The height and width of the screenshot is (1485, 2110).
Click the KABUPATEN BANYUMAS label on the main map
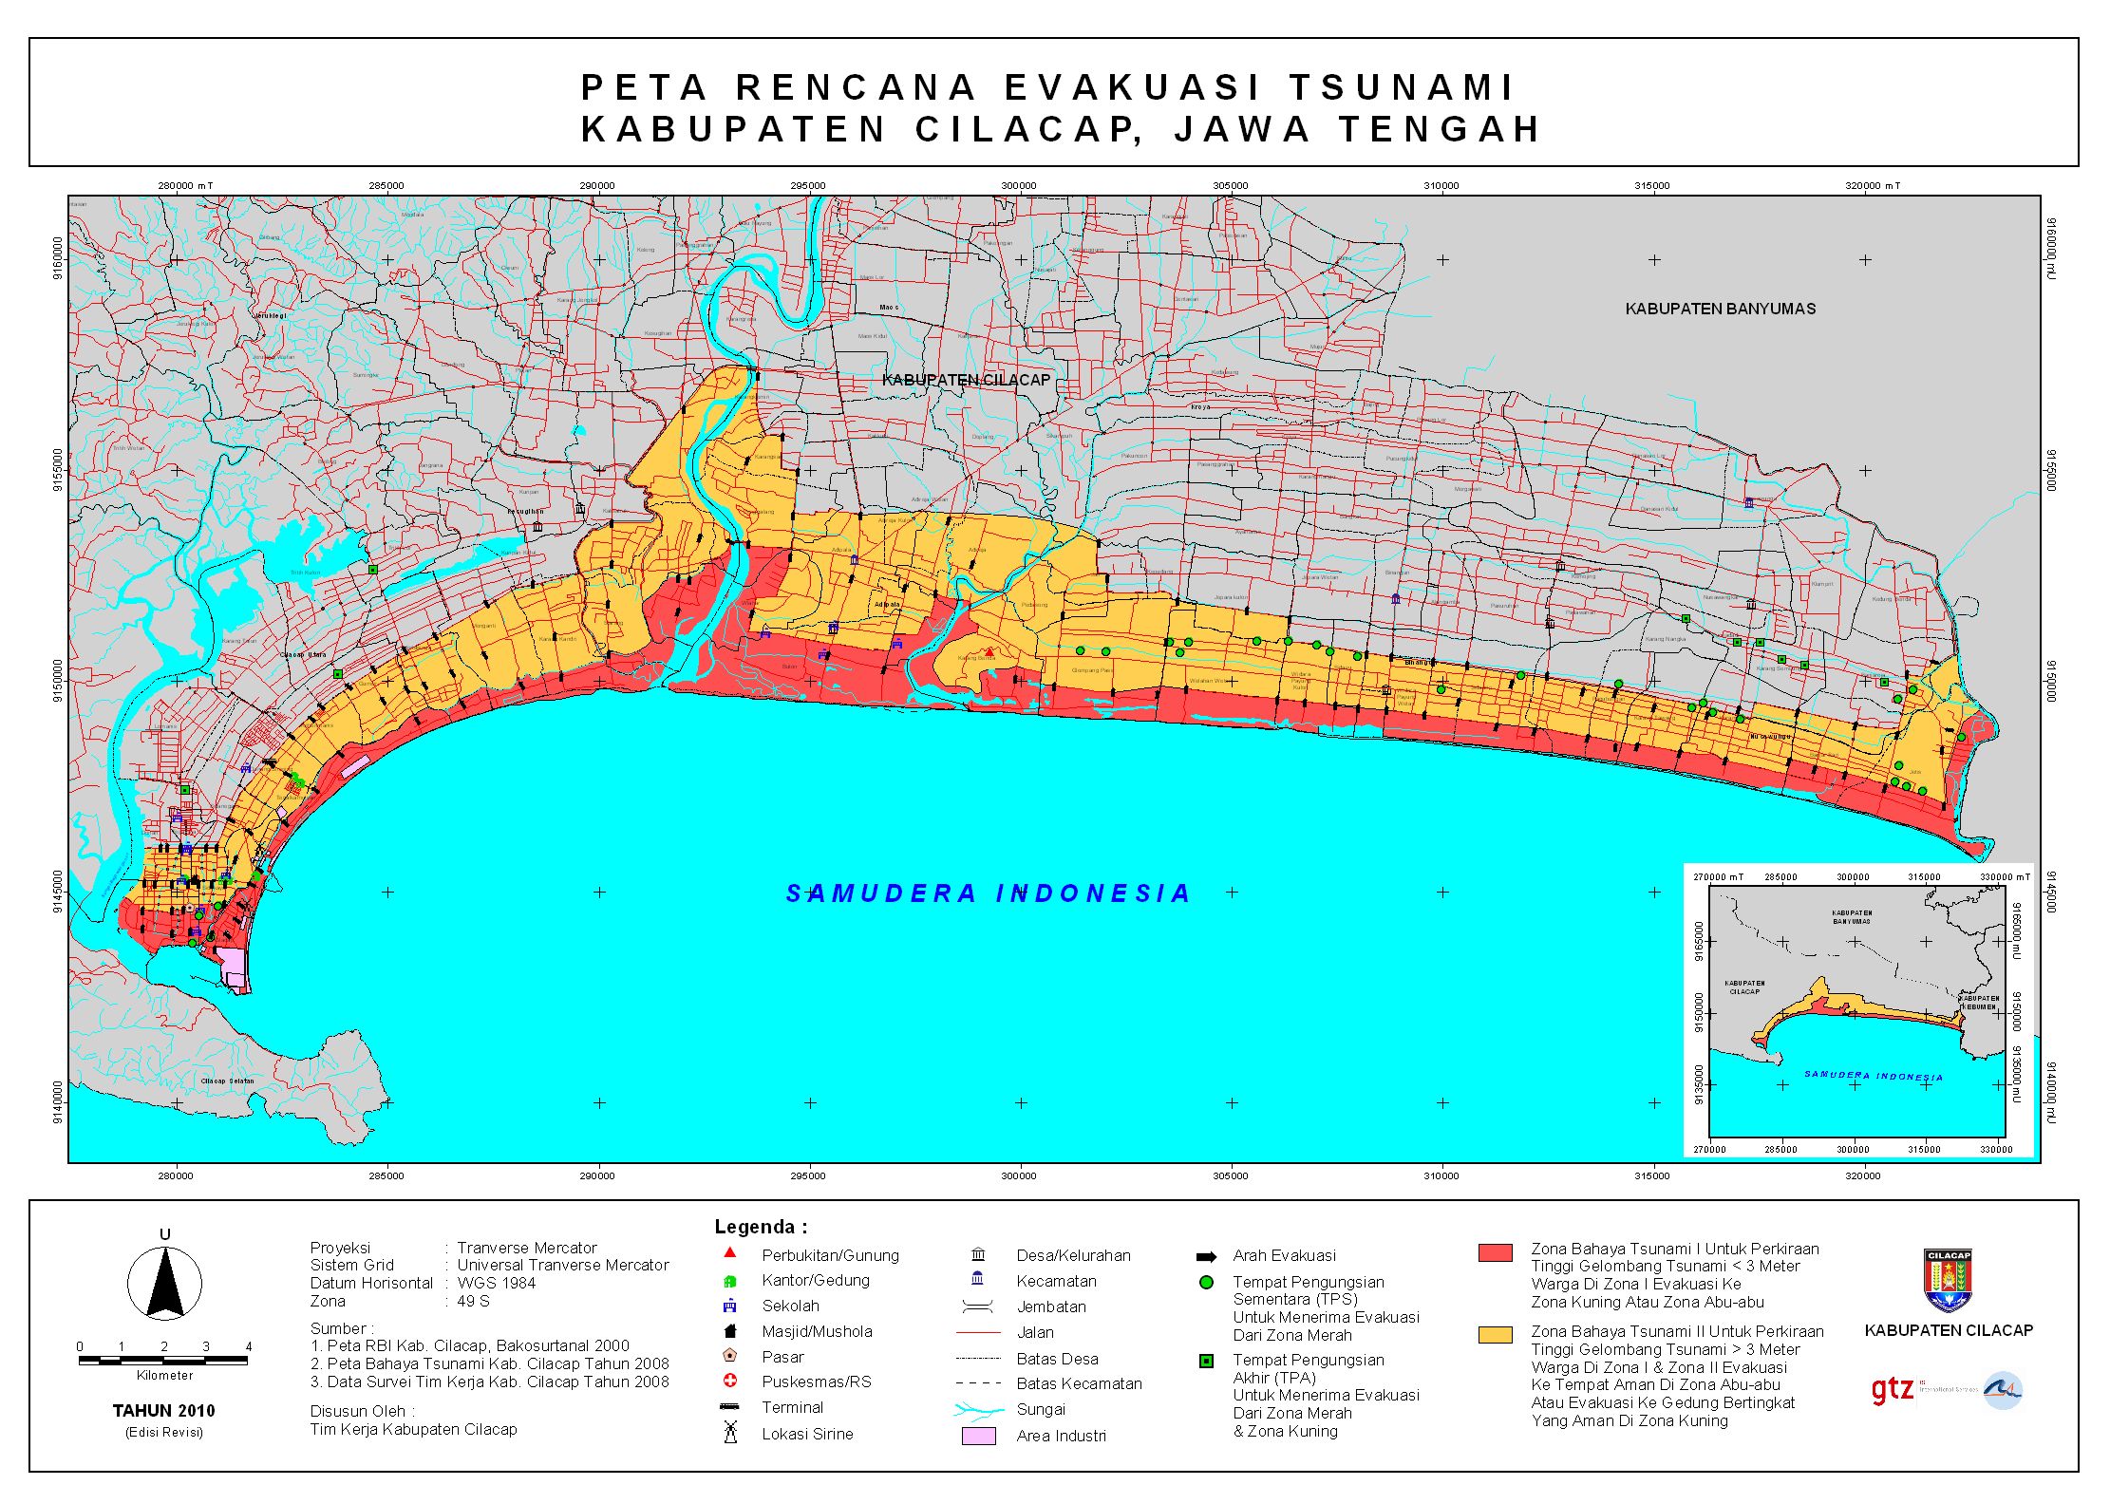click(1720, 309)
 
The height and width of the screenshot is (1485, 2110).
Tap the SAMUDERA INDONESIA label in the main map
click(988, 893)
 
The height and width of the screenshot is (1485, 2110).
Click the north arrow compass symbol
click(164, 1283)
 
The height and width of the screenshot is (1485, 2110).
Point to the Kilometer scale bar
click(163, 1361)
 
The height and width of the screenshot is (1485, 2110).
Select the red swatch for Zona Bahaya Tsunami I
click(1496, 1252)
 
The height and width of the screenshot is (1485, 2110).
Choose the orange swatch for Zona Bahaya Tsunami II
click(1496, 1335)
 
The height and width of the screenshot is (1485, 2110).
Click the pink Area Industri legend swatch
click(978, 1436)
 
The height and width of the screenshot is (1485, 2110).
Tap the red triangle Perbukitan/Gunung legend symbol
click(729, 1254)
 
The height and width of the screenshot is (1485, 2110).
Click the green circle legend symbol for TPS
click(1206, 1282)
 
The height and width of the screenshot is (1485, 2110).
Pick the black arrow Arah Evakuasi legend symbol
click(1207, 1256)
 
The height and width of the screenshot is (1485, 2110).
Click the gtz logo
click(1892, 1390)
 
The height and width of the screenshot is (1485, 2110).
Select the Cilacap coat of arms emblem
click(1949, 1281)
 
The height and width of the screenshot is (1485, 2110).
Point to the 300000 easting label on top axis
click(1019, 186)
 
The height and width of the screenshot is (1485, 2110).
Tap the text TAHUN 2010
click(164, 1411)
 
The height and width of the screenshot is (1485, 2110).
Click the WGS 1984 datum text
click(496, 1283)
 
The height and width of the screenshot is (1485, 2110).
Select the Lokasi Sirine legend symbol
click(730, 1432)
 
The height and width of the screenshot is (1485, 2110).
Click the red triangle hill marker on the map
click(989, 652)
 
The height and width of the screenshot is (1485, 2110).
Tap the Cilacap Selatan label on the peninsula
click(228, 1081)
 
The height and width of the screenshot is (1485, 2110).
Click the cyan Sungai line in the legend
click(978, 1410)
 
